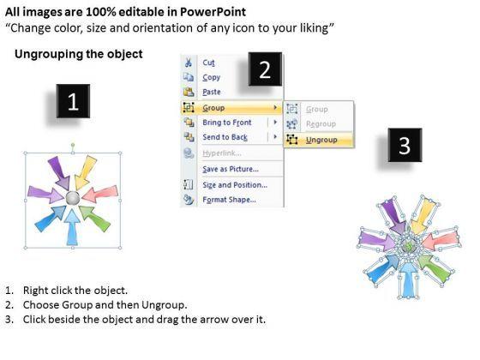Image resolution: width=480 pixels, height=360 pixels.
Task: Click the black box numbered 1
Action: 73,101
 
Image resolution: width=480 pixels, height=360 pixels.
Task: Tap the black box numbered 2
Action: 265,69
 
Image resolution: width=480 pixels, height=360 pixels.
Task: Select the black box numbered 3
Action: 405,145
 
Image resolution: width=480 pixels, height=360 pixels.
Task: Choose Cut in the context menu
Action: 208,63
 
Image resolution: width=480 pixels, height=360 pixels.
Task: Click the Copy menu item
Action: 211,77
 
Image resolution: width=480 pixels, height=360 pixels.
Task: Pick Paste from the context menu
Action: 212,92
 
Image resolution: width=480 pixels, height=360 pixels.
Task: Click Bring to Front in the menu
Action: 227,123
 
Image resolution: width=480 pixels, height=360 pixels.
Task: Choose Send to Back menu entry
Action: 225,137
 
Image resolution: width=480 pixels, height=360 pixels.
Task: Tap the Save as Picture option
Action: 231,169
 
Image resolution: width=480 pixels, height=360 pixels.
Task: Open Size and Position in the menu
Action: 235,185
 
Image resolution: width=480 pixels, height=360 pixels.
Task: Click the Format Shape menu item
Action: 230,200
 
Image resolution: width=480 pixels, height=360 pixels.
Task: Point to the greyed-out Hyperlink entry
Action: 222,153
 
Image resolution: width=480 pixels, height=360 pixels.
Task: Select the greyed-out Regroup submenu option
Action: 321,124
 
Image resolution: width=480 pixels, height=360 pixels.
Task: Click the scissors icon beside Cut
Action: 189,63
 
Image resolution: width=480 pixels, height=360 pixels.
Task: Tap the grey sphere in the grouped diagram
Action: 73,198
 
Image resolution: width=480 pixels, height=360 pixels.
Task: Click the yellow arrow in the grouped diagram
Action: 85,173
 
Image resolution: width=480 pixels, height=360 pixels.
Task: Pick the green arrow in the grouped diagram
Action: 95,218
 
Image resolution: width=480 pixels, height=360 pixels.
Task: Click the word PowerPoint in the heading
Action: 213,12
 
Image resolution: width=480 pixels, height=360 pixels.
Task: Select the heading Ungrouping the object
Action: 79,54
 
